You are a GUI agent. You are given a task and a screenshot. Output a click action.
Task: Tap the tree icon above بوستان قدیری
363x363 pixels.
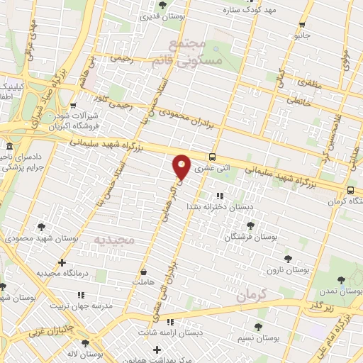click(163, 5)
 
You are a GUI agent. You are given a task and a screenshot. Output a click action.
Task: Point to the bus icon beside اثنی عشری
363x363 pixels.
click(213, 157)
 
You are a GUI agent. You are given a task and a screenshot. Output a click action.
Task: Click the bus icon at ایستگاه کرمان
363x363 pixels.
click(351, 189)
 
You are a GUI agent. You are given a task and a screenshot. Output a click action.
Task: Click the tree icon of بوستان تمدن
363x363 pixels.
click(341, 280)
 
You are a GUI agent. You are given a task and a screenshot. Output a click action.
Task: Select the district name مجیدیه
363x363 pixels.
click(113, 239)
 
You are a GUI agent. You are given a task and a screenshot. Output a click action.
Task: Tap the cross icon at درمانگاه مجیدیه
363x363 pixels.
click(62, 263)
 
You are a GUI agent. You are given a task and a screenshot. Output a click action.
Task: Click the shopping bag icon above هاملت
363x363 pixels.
click(144, 271)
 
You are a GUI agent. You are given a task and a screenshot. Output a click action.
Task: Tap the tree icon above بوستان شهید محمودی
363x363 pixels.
click(43, 227)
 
